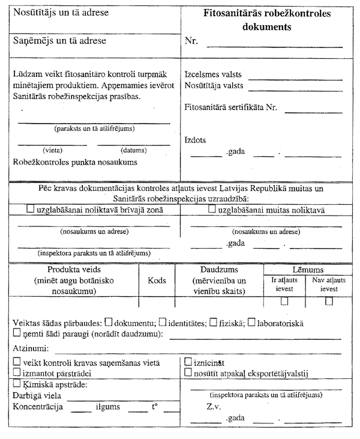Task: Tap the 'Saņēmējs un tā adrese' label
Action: pos(59,41)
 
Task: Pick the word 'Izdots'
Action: pos(196,139)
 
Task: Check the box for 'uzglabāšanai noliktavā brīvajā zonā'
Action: pos(32,210)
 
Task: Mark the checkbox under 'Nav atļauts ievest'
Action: pos(329,301)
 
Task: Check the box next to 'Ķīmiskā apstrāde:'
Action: pos(17,384)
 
